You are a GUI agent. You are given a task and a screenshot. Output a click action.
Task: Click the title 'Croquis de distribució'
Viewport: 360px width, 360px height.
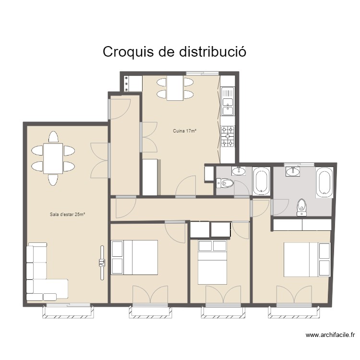pos(175,52)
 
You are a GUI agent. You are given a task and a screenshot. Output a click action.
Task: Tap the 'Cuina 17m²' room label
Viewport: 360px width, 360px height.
pos(185,131)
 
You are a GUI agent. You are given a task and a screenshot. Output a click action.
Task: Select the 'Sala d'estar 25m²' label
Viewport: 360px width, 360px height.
pos(67,215)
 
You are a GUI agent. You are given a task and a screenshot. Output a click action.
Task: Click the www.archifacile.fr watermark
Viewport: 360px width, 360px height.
pos(330,336)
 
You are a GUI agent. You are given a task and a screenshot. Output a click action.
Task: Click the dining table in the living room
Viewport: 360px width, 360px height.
pos(53,158)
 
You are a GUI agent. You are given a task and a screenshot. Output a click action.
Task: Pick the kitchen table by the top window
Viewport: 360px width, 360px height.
pos(175,88)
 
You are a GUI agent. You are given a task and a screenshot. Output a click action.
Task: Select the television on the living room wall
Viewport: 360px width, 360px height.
pos(102,263)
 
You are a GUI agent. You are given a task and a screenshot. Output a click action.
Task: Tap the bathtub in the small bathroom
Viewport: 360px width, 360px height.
pos(261,182)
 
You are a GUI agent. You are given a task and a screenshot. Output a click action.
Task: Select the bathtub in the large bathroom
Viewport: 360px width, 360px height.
pos(324,182)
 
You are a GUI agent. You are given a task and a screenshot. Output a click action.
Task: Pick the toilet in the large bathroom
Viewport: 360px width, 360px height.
pos(302,205)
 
